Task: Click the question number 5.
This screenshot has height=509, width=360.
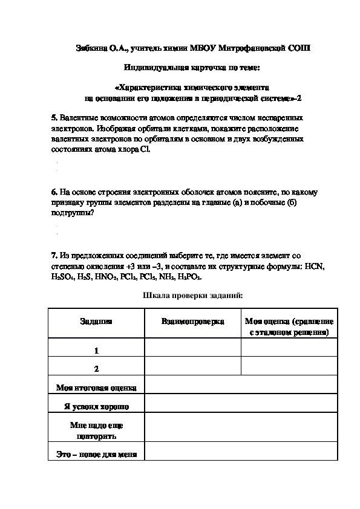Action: pos(54,117)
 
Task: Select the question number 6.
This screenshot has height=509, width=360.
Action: pos(54,192)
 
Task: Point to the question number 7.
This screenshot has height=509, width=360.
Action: pos(54,256)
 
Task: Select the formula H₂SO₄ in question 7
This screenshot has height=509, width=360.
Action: pos(64,277)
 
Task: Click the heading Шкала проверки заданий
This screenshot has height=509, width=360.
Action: pos(192,296)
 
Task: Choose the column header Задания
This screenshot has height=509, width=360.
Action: pos(96,322)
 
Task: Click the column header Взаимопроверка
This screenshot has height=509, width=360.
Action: pos(192,322)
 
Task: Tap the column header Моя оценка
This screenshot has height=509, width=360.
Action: pos(289,327)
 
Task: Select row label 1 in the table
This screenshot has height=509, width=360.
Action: pos(96,351)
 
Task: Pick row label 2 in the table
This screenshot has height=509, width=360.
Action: pos(96,368)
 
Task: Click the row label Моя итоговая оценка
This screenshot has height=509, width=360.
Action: pos(96,388)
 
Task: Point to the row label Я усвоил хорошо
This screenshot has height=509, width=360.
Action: pos(96,407)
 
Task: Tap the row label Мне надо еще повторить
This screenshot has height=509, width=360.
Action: pos(96,430)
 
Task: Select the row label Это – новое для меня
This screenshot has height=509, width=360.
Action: pos(96,454)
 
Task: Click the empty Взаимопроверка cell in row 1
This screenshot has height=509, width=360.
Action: pos(192,348)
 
